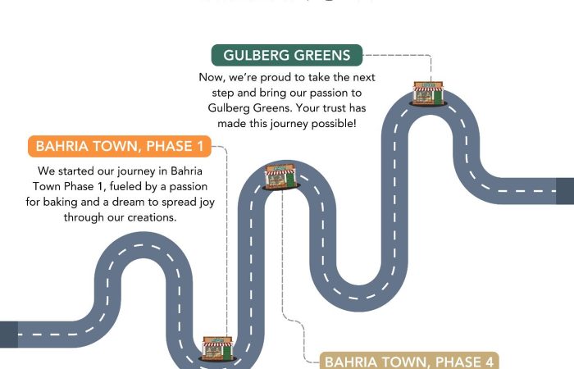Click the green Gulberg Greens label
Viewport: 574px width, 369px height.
point(286,56)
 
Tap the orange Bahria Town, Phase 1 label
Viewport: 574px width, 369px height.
point(120,148)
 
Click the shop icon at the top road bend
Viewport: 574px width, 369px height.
point(428,92)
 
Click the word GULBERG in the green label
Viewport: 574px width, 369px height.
point(257,56)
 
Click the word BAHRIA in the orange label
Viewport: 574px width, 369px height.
point(62,148)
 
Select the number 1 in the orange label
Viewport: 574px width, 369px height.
point(199,148)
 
